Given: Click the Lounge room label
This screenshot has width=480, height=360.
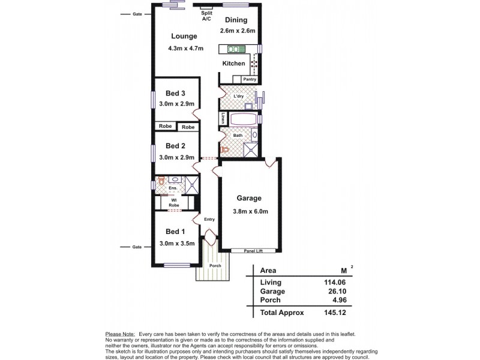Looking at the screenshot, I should point(184,36).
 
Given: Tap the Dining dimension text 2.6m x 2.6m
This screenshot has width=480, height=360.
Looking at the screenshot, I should point(238,31).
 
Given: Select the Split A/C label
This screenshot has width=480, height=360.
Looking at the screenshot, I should point(206,16).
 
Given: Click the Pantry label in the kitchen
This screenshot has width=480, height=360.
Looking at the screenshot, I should point(250,79).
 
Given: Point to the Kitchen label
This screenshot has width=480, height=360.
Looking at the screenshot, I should point(233,63).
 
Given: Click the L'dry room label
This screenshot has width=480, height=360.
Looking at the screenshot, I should point(239,97).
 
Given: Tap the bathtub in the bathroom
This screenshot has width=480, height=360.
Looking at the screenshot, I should point(242,118).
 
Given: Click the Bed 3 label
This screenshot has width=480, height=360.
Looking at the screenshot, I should point(175,93).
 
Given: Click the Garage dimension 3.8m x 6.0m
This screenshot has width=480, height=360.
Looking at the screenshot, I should point(250,211).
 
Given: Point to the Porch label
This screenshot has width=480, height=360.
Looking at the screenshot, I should point(215,265).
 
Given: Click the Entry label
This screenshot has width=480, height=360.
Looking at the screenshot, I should point(209,219).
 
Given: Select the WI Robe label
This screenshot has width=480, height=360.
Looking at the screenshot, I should point(174,203).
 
